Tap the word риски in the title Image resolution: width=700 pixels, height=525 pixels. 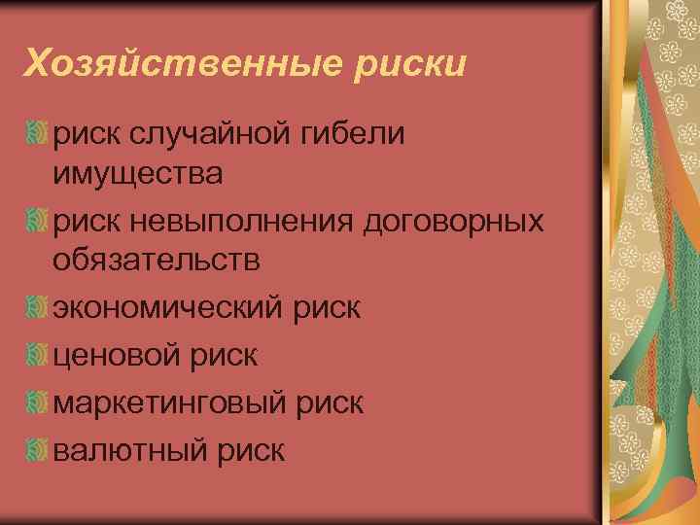pyautogui.click(x=419, y=64)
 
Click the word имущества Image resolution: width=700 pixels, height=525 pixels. pyautogui.click(x=138, y=175)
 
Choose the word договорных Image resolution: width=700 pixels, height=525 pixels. pyautogui.click(x=452, y=221)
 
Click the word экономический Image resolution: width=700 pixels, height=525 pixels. pyautogui.click(x=163, y=309)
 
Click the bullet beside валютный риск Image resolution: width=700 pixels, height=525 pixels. pyautogui.click(x=38, y=449)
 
